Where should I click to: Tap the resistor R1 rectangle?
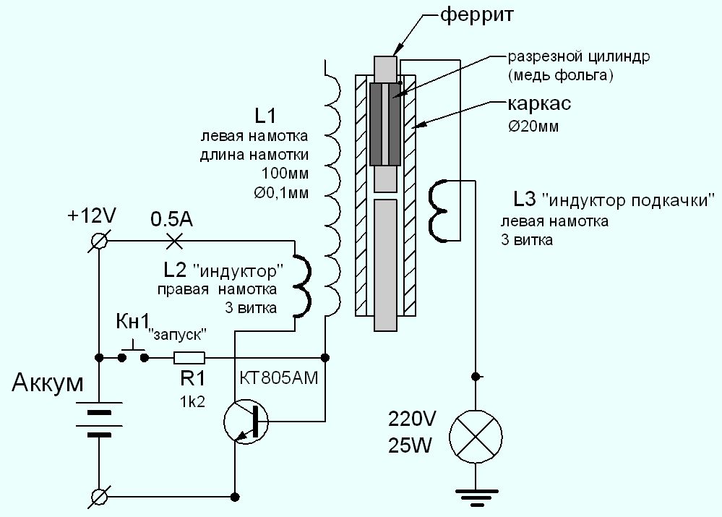pyautogui.click(x=189, y=357)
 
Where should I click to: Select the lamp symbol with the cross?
pyautogui.click(x=475, y=439)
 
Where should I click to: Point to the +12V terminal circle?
pyautogui.click(x=99, y=239)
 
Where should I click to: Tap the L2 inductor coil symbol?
pyautogui.click(x=301, y=285)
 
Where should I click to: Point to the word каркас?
pyautogui.click(x=539, y=104)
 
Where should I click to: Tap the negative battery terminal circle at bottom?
pyautogui.click(x=99, y=496)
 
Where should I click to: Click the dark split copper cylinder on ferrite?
pyautogui.click(x=385, y=124)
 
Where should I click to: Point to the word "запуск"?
pyautogui.click(x=179, y=334)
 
